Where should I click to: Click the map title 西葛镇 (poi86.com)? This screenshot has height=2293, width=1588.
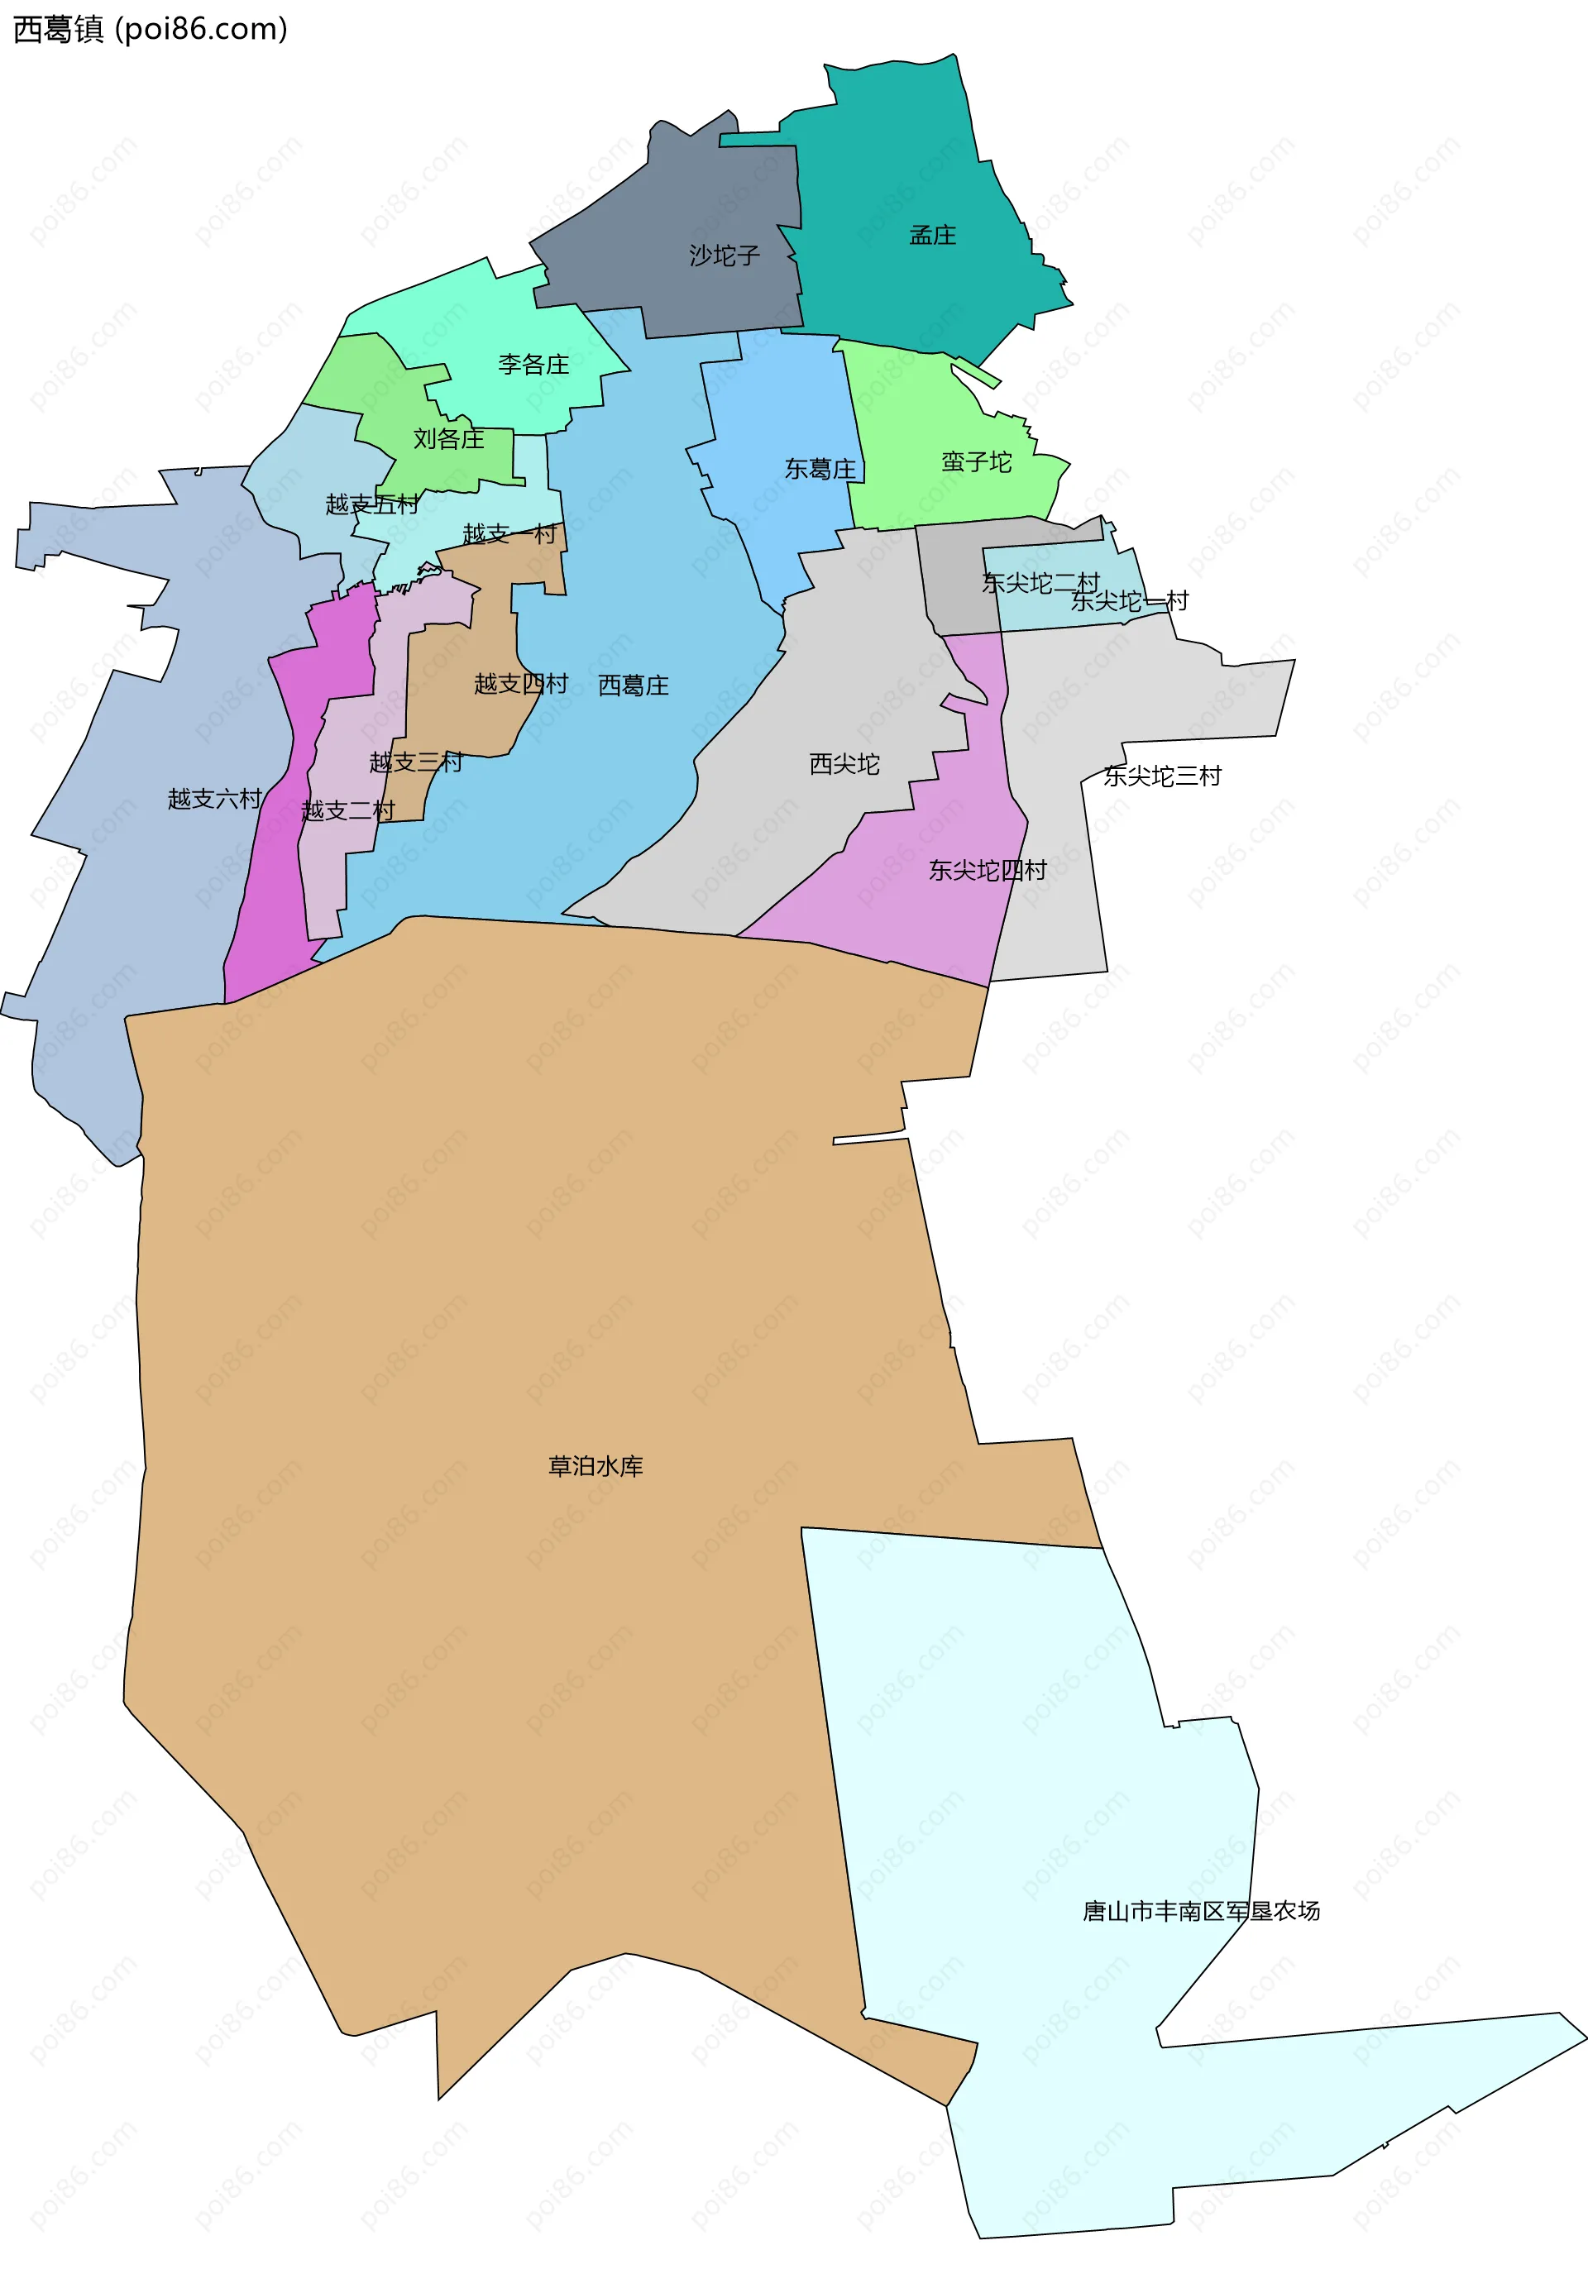(x=149, y=29)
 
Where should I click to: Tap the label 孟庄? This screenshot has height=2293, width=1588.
(x=932, y=235)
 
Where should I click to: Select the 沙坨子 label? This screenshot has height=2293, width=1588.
(x=725, y=256)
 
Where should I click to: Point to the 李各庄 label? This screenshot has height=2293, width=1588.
(x=533, y=364)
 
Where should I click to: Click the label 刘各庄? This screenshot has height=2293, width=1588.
(x=449, y=439)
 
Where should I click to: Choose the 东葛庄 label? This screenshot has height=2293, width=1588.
(x=820, y=469)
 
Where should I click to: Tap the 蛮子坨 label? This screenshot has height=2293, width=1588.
(x=976, y=461)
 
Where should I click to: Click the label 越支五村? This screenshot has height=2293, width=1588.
(x=372, y=504)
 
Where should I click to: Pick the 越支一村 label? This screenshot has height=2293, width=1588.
(x=509, y=534)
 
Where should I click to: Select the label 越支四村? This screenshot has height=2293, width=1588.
(x=520, y=683)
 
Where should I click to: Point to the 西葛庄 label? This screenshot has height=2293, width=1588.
(x=633, y=686)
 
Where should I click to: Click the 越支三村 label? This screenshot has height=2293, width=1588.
(x=416, y=762)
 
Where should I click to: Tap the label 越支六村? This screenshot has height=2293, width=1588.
(x=214, y=799)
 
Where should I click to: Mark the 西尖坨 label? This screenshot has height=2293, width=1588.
(x=844, y=764)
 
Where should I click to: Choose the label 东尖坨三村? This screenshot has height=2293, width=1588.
(x=1162, y=776)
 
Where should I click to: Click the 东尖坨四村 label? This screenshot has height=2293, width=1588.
(x=987, y=871)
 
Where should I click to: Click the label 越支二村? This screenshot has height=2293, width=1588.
(x=348, y=810)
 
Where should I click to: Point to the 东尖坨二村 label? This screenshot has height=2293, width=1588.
(x=1040, y=582)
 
